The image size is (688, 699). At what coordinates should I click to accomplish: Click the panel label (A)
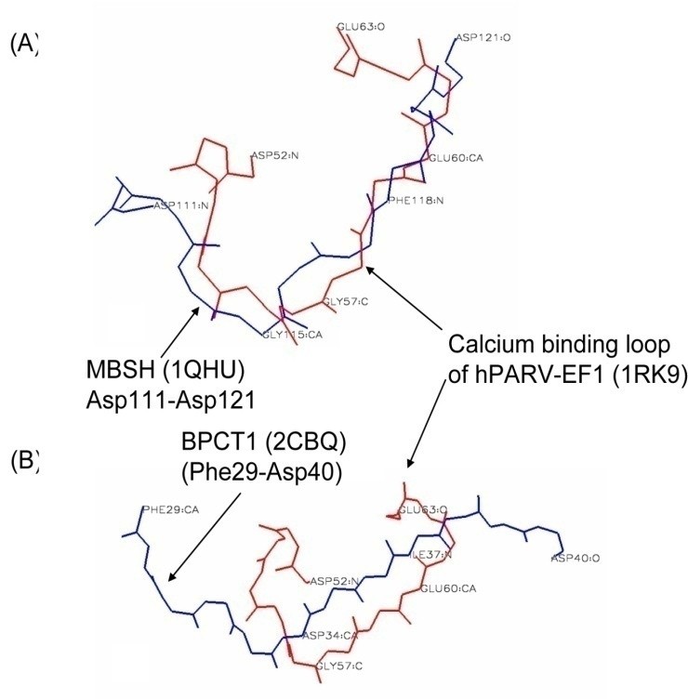21,46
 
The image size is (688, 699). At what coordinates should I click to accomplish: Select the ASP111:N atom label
179,204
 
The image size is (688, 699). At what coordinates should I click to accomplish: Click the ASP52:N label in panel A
274,155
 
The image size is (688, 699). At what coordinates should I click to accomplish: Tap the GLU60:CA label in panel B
449,588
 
